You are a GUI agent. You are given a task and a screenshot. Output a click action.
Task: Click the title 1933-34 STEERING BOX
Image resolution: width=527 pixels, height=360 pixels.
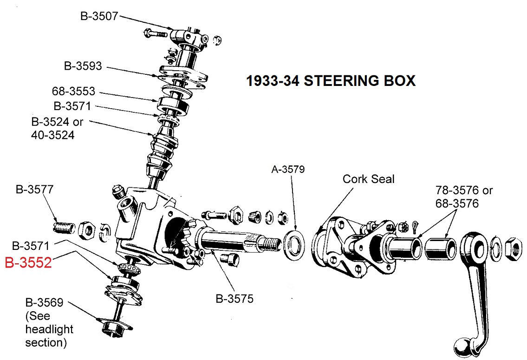click(x=330, y=81)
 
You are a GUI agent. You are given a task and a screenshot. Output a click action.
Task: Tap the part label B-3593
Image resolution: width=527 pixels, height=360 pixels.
click(x=83, y=66)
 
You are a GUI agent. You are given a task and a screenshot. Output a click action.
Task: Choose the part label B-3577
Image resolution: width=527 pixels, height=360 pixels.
click(x=34, y=190)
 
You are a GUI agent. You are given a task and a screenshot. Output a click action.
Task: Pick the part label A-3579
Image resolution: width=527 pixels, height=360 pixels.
click(x=288, y=170)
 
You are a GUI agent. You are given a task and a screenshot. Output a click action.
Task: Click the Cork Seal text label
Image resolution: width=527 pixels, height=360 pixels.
click(x=368, y=179)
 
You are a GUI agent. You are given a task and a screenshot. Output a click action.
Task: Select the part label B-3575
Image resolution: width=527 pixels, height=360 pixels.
click(x=234, y=299)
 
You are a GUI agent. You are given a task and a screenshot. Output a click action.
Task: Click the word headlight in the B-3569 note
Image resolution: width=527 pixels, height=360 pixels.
click(x=49, y=329)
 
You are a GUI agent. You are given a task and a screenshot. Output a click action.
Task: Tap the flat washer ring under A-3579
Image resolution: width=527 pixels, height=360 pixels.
click(x=293, y=242)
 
